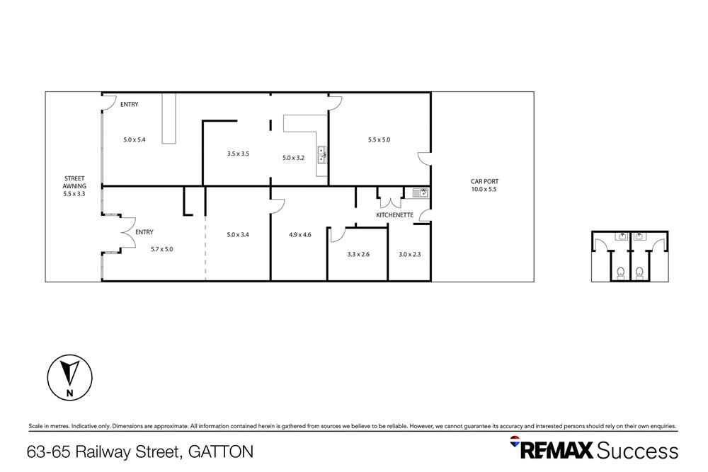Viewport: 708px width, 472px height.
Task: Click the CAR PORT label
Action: point(485,181)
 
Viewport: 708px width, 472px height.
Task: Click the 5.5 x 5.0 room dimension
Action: point(379,139)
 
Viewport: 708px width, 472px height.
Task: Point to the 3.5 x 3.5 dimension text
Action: point(238,153)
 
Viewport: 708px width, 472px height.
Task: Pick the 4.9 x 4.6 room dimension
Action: point(300,235)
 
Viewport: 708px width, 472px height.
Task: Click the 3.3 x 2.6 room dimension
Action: point(358,255)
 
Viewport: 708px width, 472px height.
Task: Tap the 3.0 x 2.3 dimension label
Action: point(410,255)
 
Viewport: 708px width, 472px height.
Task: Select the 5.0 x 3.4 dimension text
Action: point(238,235)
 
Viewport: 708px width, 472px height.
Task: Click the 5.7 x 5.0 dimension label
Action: point(162,248)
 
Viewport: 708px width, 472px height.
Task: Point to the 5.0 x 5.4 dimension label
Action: point(134,139)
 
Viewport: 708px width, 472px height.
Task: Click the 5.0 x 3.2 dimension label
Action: point(293,158)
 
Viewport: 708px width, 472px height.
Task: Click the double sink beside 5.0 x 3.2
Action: point(321,154)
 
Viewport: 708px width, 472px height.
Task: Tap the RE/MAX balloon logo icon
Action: point(515,442)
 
